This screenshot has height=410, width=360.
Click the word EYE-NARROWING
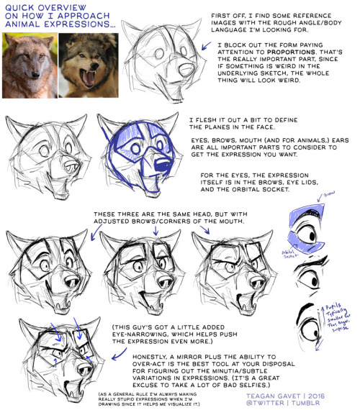(145, 334)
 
